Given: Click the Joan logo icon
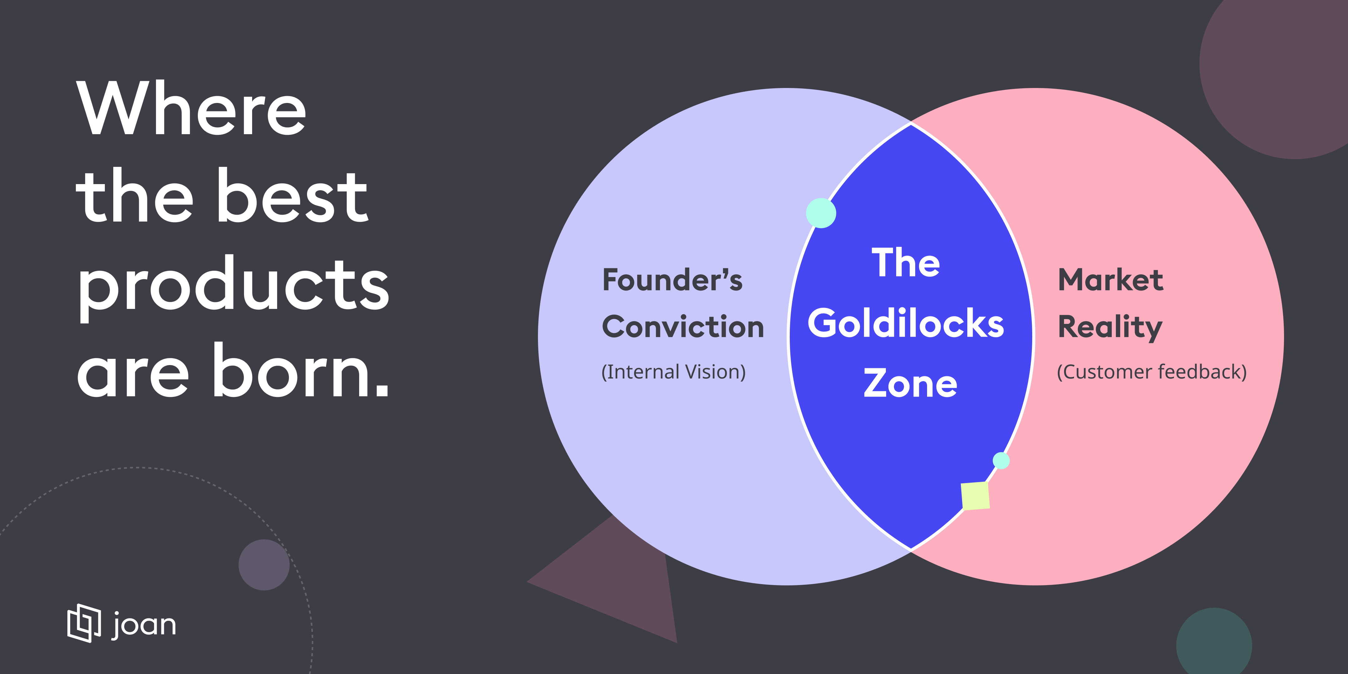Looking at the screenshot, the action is tap(84, 623).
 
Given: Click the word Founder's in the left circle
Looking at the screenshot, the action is tap(672, 280).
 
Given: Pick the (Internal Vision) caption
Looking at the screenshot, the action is tap(673, 372).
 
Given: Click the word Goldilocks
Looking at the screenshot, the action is tap(906, 323).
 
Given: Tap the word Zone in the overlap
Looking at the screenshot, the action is tap(910, 383).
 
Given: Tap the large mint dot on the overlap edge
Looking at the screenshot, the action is tap(821, 213).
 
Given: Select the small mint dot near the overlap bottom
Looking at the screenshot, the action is tap(1001, 461).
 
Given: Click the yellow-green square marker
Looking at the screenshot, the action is tap(975, 496).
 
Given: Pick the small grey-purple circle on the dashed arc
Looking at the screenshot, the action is tap(264, 565).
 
